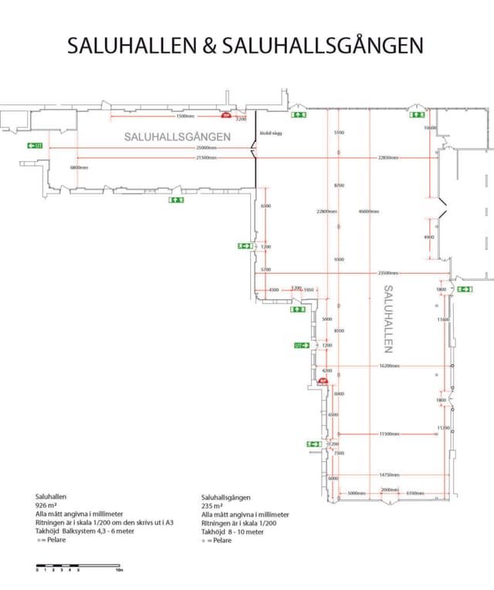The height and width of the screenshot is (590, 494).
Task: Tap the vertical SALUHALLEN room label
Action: click(x=389, y=319)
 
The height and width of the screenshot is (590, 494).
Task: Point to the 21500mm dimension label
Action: click(x=206, y=158)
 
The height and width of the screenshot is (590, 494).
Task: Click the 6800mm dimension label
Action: click(x=79, y=167)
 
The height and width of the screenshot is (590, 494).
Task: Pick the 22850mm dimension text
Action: click(x=387, y=158)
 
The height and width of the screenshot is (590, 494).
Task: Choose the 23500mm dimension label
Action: click(x=387, y=273)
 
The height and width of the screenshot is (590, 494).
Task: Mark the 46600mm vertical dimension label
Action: click(x=369, y=211)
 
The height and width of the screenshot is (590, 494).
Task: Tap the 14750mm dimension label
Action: click(x=388, y=475)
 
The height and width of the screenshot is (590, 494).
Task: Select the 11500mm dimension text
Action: click(x=388, y=434)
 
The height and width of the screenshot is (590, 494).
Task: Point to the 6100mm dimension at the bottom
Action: click(x=415, y=492)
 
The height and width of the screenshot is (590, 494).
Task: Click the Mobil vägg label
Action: click(x=269, y=133)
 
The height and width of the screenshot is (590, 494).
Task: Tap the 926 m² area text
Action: click(x=47, y=505)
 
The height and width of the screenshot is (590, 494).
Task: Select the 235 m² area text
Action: click(x=213, y=506)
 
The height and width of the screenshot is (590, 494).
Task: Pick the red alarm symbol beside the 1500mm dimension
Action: click(x=227, y=116)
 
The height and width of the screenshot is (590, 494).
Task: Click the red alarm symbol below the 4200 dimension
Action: click(x=323, y=379)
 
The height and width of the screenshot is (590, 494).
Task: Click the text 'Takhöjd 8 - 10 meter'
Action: click(x=232, y=531)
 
